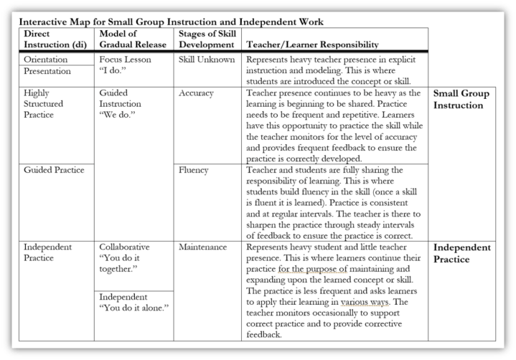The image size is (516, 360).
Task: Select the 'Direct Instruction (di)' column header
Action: pyautogui.click(x=54, y=39)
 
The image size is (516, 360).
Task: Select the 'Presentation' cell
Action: pyautogui.click(x=47, y=72)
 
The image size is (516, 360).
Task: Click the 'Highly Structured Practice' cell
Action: pyautogui.click(x=44, y=104)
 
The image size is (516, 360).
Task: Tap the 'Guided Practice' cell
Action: pyautogui.click(x=54, y=170)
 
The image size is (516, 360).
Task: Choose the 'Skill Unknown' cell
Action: pyautogui.click(x=207, y=60)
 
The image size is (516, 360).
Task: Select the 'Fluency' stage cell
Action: pyautogui.click(x=194, y=170)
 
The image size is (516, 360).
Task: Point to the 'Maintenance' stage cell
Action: pyautogui.click(x=203, y=247)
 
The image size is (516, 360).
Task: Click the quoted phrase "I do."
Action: pyautogui.click(x=113, y=72)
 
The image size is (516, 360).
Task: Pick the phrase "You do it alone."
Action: pyautogui.click(x=134, y=308)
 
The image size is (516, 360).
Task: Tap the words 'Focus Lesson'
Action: pyautogui.click(x=126, y=60)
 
